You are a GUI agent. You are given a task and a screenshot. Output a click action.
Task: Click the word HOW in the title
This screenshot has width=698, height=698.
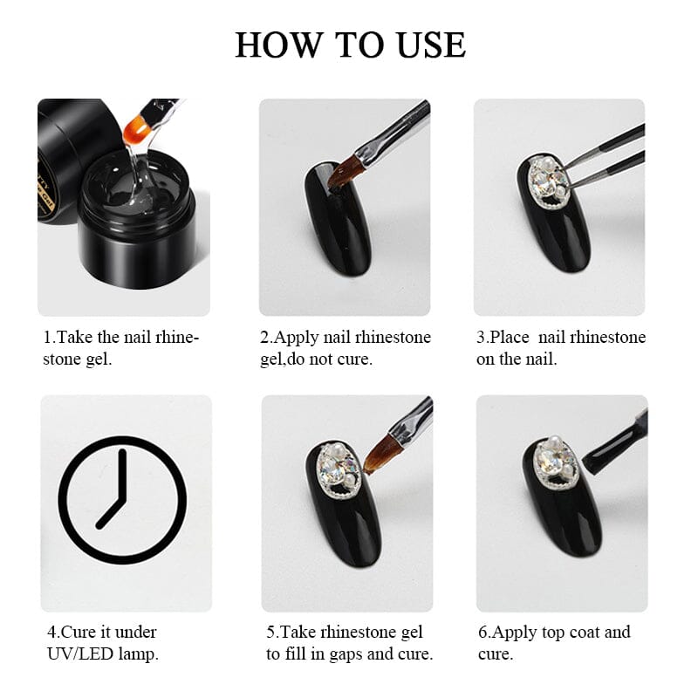coord(277,45)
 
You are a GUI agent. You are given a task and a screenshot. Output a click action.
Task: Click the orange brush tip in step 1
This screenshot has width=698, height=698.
coord(135,129)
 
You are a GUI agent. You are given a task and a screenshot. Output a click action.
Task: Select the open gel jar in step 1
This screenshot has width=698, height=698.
coord(136,219)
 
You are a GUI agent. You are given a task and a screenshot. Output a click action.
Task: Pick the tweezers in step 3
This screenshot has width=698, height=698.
coord(606,157)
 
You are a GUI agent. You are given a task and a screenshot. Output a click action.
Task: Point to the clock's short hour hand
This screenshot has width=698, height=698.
coord(110,512)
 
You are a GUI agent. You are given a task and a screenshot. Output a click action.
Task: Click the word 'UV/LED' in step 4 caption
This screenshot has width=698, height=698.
coord(80,654)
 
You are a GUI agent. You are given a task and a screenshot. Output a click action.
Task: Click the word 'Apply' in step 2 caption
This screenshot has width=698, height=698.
coord(297,338)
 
